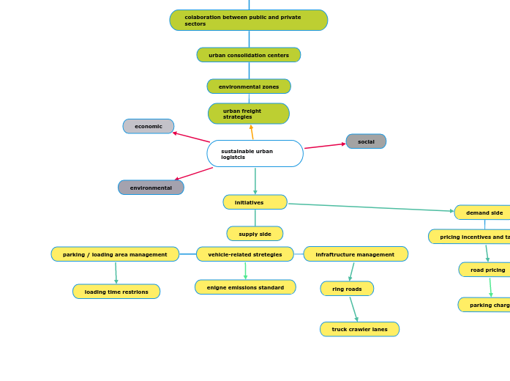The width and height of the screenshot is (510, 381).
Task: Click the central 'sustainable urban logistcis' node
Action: click(x=255, y=154)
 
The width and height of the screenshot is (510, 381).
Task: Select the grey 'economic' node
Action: click(x=149, y=126)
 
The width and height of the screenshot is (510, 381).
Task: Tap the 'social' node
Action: click(x=366, y=141)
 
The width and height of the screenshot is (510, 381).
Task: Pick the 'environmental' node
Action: click(x=151, y=188)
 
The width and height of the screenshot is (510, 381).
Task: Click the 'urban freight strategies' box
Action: click(x=249, y=114)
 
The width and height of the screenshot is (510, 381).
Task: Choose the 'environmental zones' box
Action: click(x=249, y=86)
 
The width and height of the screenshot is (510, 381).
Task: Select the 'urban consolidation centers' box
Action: click(x=249, y=55)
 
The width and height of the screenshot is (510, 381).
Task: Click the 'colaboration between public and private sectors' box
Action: click(x=249, y=21)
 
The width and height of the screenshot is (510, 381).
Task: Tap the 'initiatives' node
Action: click(x=255, y=202)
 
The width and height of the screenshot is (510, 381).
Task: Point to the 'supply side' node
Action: click(x=255, y=234)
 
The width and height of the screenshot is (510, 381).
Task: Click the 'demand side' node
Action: click(x=484, y=212)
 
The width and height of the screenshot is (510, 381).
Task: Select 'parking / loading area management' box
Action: click(x=115, y=254)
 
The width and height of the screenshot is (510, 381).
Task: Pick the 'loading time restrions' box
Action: click(x=116, y=292)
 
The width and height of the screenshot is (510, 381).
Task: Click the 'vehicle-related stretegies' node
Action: click(x=245, y=254)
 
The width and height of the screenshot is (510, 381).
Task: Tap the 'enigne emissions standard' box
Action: click(x=245, y=287)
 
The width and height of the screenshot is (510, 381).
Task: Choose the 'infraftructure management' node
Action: click(x=356, y=254)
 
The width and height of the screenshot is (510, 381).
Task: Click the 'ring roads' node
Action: click(x=347, y=289)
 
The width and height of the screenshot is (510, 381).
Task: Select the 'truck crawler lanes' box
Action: click(x=359, y=329)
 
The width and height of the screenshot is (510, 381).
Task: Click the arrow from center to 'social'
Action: click(x=324, y=146)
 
